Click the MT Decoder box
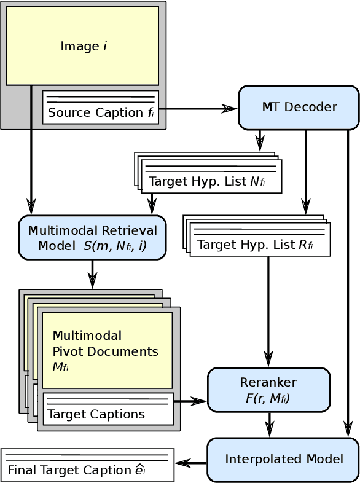coord(299,108)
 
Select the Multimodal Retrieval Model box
coord(92,238)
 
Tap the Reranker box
coord(268,390)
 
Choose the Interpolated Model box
coord(283,460)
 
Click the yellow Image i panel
coord(82,46)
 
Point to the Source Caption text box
coord(100,108)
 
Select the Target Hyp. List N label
coord(207,182)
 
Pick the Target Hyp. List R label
coord(255,245)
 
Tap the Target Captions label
coord(96,414)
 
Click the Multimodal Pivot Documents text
coord(105,351)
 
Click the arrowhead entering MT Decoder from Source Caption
coord(230,109)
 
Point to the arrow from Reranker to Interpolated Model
coord(269,425)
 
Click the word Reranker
coord(268,382)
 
